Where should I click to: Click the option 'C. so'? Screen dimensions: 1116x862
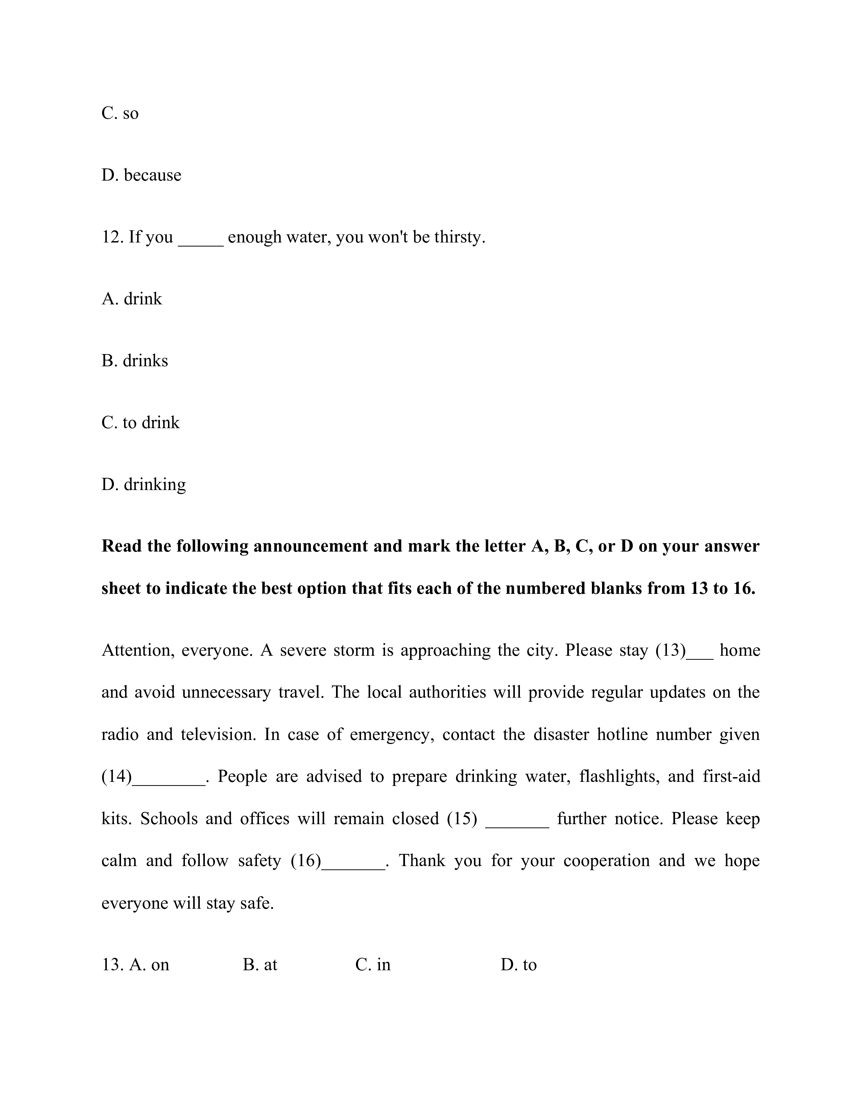[120, 113]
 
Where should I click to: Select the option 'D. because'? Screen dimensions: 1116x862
[141, 175]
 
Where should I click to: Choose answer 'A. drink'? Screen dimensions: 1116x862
[132, 298]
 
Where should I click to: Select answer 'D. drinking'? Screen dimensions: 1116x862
[143, 484]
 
